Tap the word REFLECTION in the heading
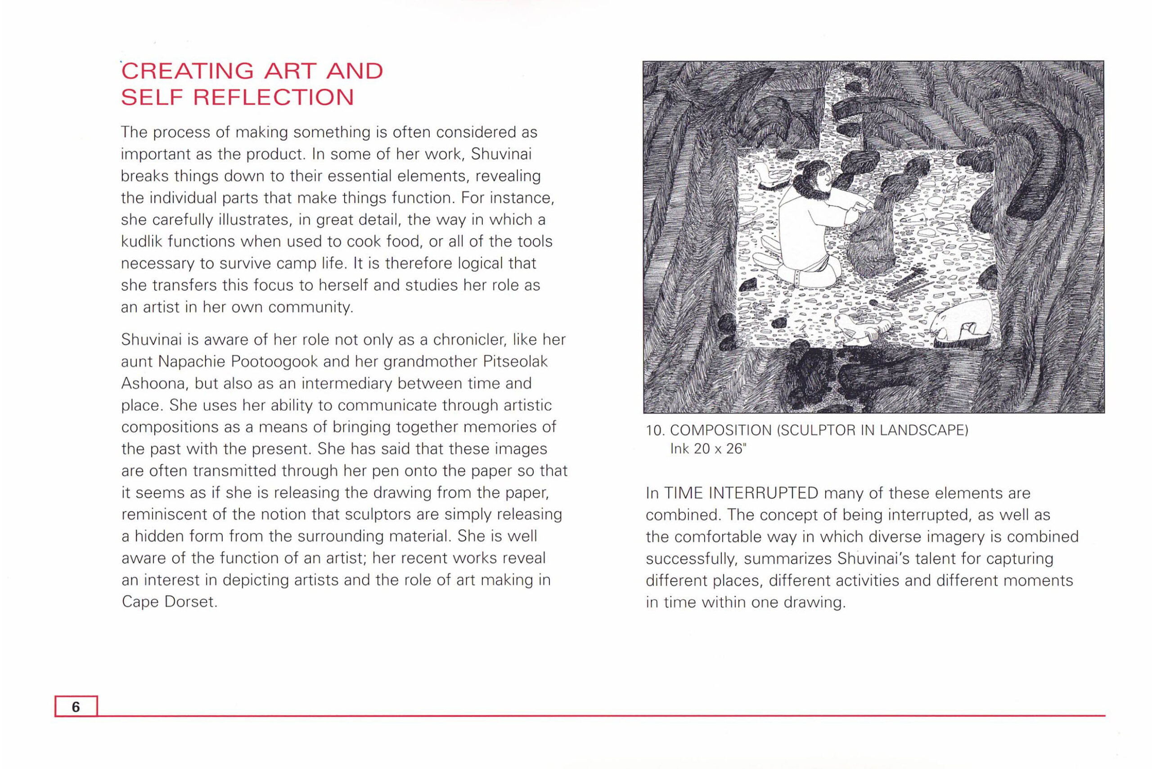pyautogui.click(x=273, y=97)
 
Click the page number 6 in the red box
pyautogui.click(x=76, y=706)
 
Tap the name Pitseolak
pyautogui.click(x=515, y=362)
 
